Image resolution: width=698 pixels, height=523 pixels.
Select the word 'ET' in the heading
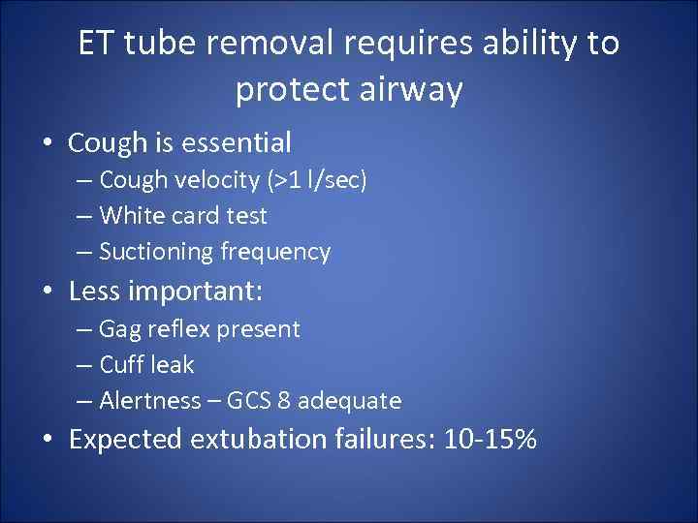97,44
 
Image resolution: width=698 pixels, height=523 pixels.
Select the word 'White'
130,216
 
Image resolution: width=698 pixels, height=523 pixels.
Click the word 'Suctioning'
156,252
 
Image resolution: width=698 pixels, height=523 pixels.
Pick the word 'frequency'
275,252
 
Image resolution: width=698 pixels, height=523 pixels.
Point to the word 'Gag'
119,329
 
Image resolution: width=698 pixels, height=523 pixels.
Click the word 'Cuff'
120,365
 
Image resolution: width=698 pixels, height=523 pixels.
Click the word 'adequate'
354,401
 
